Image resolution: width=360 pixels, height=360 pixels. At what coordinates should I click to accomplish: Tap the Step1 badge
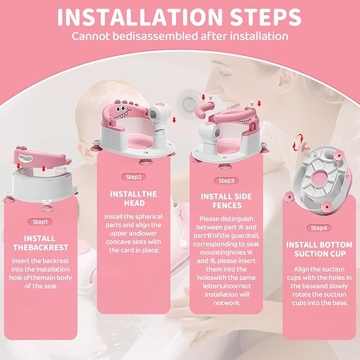pyautogui.click(x=40, y=222)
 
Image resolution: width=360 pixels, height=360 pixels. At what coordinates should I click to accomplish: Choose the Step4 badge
pyautogui.click(x=319, y=228)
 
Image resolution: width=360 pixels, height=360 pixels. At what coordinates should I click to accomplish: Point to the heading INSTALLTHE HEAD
pyautogui.click(x=133, y=199)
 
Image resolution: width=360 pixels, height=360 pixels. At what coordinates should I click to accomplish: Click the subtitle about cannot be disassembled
pyautogui.click(x=179, y=37)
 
